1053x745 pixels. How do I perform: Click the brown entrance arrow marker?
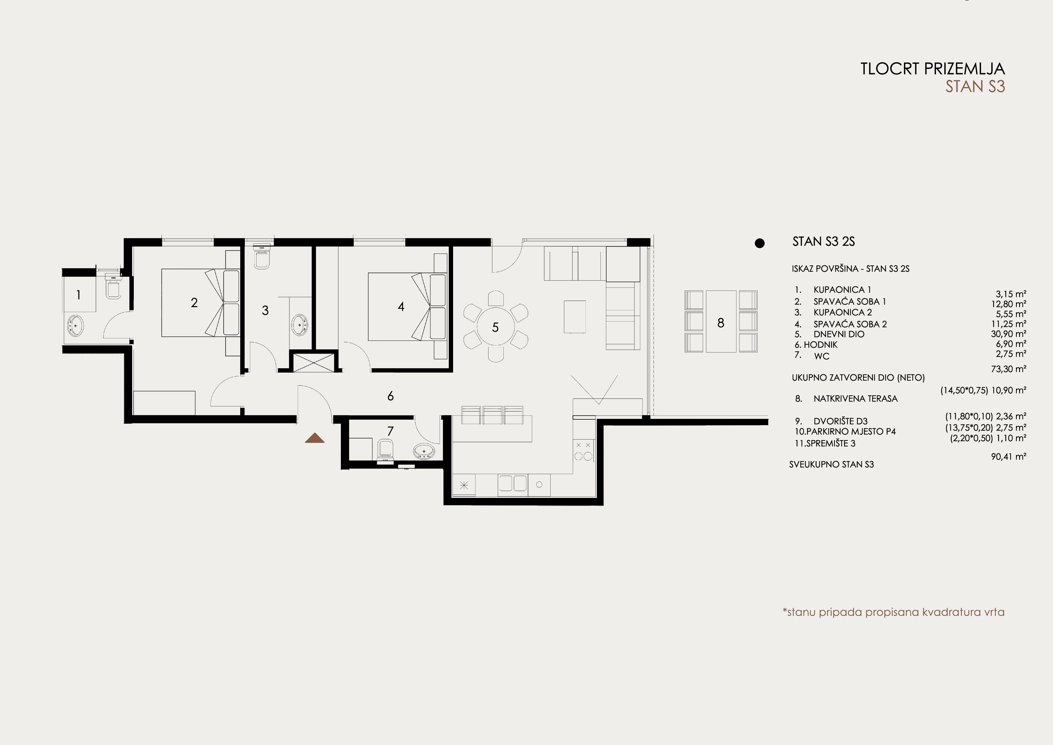tap(315, 438)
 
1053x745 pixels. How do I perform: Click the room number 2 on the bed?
tap(194, 302)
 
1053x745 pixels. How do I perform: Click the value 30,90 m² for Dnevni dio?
tap(1008, 334)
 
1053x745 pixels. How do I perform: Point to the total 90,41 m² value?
tap(1008, 456)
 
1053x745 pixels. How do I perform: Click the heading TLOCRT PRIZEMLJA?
tap(933, 69)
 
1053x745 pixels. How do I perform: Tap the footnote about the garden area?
tap(893, 612)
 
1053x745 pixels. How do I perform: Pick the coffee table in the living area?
tap(575, 317)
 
